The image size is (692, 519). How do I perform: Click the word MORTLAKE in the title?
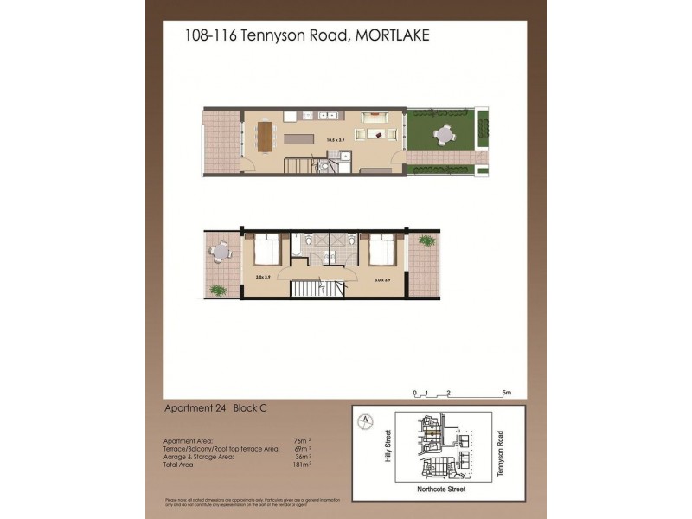[393, 35]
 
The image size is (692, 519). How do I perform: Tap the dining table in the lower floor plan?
[264, 135]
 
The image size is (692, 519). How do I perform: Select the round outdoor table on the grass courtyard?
[444, 134]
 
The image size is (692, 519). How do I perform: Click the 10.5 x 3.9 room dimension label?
[336, 138]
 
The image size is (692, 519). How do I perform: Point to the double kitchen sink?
[326, 113]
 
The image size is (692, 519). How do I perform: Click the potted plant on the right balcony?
[426, 240]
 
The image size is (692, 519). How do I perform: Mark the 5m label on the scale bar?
[508, 394]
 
